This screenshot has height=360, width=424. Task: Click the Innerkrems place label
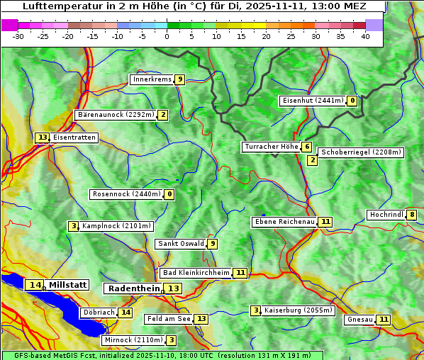point(152,79)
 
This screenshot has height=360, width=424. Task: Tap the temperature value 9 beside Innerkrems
point(180,79)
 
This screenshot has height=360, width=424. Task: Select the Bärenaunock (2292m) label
point(116,114)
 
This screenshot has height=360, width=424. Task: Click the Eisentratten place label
point(74,137)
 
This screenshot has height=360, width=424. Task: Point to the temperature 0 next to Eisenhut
point(352,101)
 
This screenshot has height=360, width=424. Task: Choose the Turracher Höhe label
point(271,147)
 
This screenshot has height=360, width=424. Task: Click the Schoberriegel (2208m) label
point(360,152)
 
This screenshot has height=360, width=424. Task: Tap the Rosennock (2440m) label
point(126,194)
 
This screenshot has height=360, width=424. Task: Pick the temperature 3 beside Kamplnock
point(74,226)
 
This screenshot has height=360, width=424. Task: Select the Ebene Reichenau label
point(284,222)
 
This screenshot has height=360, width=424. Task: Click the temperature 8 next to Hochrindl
point(412,215)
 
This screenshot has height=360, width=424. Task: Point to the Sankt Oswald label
point(181,244)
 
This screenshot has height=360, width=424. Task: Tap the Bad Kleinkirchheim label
point(196,273)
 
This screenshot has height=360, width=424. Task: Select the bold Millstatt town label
point(67,285)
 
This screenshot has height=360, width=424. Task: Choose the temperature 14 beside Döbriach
point(125,313)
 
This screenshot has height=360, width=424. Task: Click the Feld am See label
point(169,319)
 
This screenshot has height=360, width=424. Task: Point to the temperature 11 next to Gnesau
point(384,320)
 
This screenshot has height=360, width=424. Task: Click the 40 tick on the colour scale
point(365,36)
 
